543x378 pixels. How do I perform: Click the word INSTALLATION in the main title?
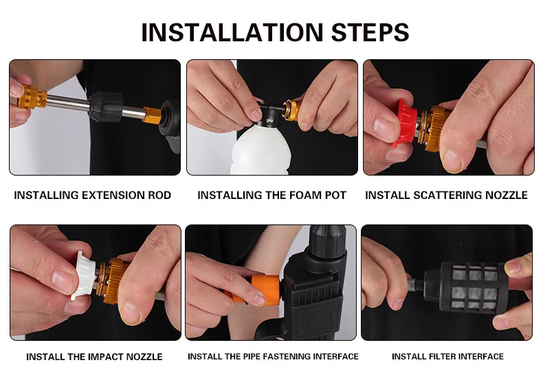pos(232,32)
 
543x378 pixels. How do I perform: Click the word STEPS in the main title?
pos(370,32)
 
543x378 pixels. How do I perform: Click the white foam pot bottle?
pos(261,149)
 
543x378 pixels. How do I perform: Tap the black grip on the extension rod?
pos(106,107)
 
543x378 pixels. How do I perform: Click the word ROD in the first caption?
pos(159,196)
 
